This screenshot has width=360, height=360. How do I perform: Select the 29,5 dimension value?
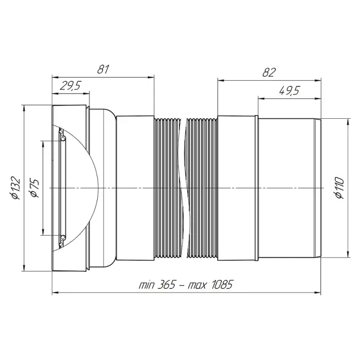[x=70, y=86]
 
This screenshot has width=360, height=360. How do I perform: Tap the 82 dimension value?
[x=269, y=73]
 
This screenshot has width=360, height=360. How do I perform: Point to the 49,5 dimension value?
[x=290, y=91]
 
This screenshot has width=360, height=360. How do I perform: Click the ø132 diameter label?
[x=16, y=188]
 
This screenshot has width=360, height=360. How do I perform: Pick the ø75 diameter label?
[x=34, y=188]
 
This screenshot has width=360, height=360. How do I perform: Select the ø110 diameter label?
[x=339, y=188]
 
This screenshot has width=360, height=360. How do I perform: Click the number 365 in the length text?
[x=167, y=285]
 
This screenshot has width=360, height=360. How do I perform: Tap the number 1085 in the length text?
[x=222, y=285]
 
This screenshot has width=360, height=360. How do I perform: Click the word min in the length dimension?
[x=147, y=285]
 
